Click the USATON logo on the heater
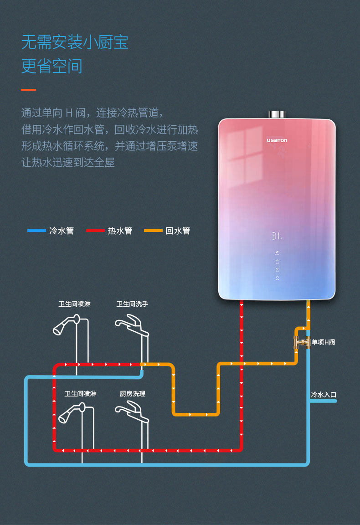[x=277, y=140]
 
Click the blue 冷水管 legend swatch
[x=36, y=231]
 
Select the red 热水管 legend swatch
[x=95, y=231]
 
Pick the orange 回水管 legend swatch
[x=153, y=231]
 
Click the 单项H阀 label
[x=323, y=342]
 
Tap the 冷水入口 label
[x=324, y=395]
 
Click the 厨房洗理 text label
[x=133, y=394]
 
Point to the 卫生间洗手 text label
[x=132, y=304]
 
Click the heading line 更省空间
[x=52, y=67]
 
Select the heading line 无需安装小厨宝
[x=75, y=42]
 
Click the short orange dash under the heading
[x=28, y=90]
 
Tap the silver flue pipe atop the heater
[x=277, y=114]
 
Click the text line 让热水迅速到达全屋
[x=68, y=162]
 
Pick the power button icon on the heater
[x=277, y=278]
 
